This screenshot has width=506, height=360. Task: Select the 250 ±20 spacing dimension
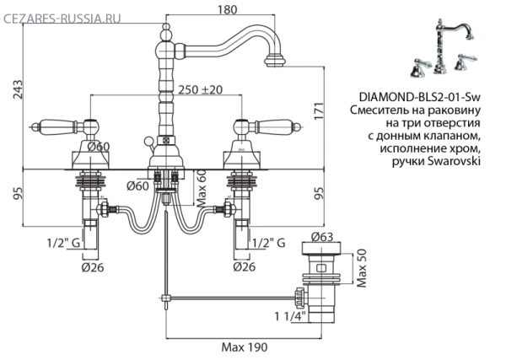pyautogui.click(x=200, y=89)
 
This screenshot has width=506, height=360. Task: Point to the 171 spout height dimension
pyautogui.click(x=318, y=111)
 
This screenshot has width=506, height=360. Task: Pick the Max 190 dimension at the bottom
pyautogui.click(x=245, y=347)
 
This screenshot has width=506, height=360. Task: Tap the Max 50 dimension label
pyautogui.click(x=362, y=268)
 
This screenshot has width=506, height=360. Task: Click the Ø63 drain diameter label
pyautogui.click(x=322, y=236)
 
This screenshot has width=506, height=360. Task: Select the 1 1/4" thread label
pyautogui.click(x=290, y=316)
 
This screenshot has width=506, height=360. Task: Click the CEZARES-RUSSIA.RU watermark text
pyautogui.click(x=62, y=19)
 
